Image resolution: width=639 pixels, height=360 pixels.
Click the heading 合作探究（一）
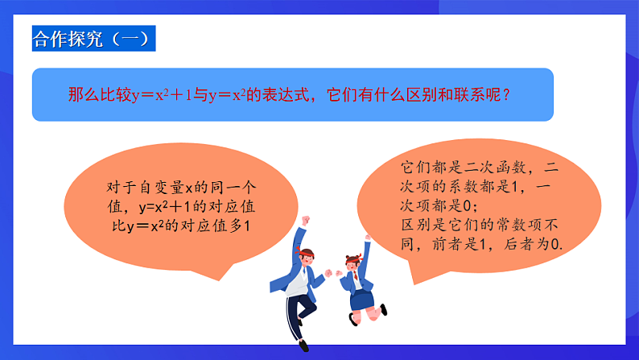[90, 38]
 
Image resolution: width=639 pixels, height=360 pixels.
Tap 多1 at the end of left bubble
[238, 226]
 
